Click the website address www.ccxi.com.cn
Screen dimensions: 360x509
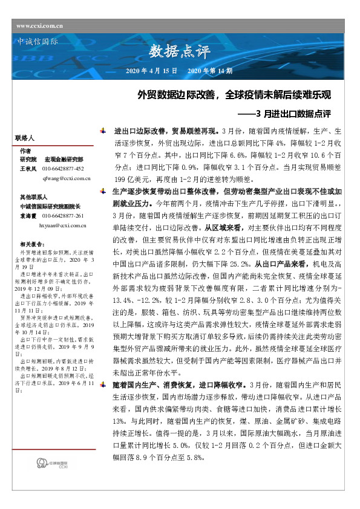(x=40, y=25)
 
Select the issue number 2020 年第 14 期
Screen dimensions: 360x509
(x=210, y=71)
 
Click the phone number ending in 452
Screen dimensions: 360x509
(x=64, y=167)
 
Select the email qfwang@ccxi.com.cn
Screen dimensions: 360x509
(x=66, y=179)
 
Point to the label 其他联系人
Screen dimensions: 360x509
(x=33, y=197)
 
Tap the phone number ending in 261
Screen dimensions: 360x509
(x=64, y=215)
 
